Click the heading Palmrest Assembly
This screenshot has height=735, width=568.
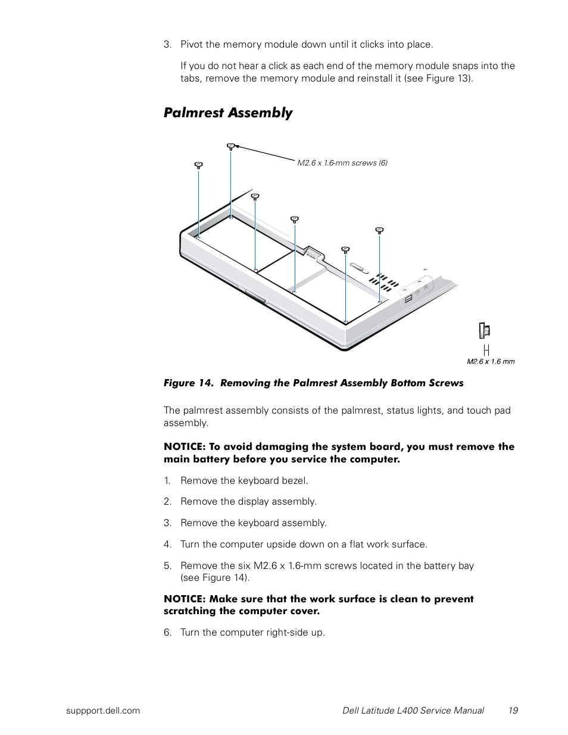click(228, 113)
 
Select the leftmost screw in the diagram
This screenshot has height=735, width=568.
click(198, 165)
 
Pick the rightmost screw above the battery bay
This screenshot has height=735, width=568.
click(379, 230)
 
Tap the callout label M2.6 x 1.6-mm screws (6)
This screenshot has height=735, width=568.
click(342, 163)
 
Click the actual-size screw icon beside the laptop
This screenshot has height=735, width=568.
click(485, 330)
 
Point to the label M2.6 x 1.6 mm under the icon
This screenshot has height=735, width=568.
click(491, 361)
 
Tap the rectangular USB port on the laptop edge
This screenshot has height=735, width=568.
click(408, 299)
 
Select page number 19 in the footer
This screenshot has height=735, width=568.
click(513, 710)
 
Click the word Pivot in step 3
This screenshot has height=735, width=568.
click(192, 45)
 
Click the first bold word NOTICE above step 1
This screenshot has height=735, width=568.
click(184, 447)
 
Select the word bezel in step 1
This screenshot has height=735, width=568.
click(295, 481)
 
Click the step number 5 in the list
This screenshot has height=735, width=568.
click(167, 566)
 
